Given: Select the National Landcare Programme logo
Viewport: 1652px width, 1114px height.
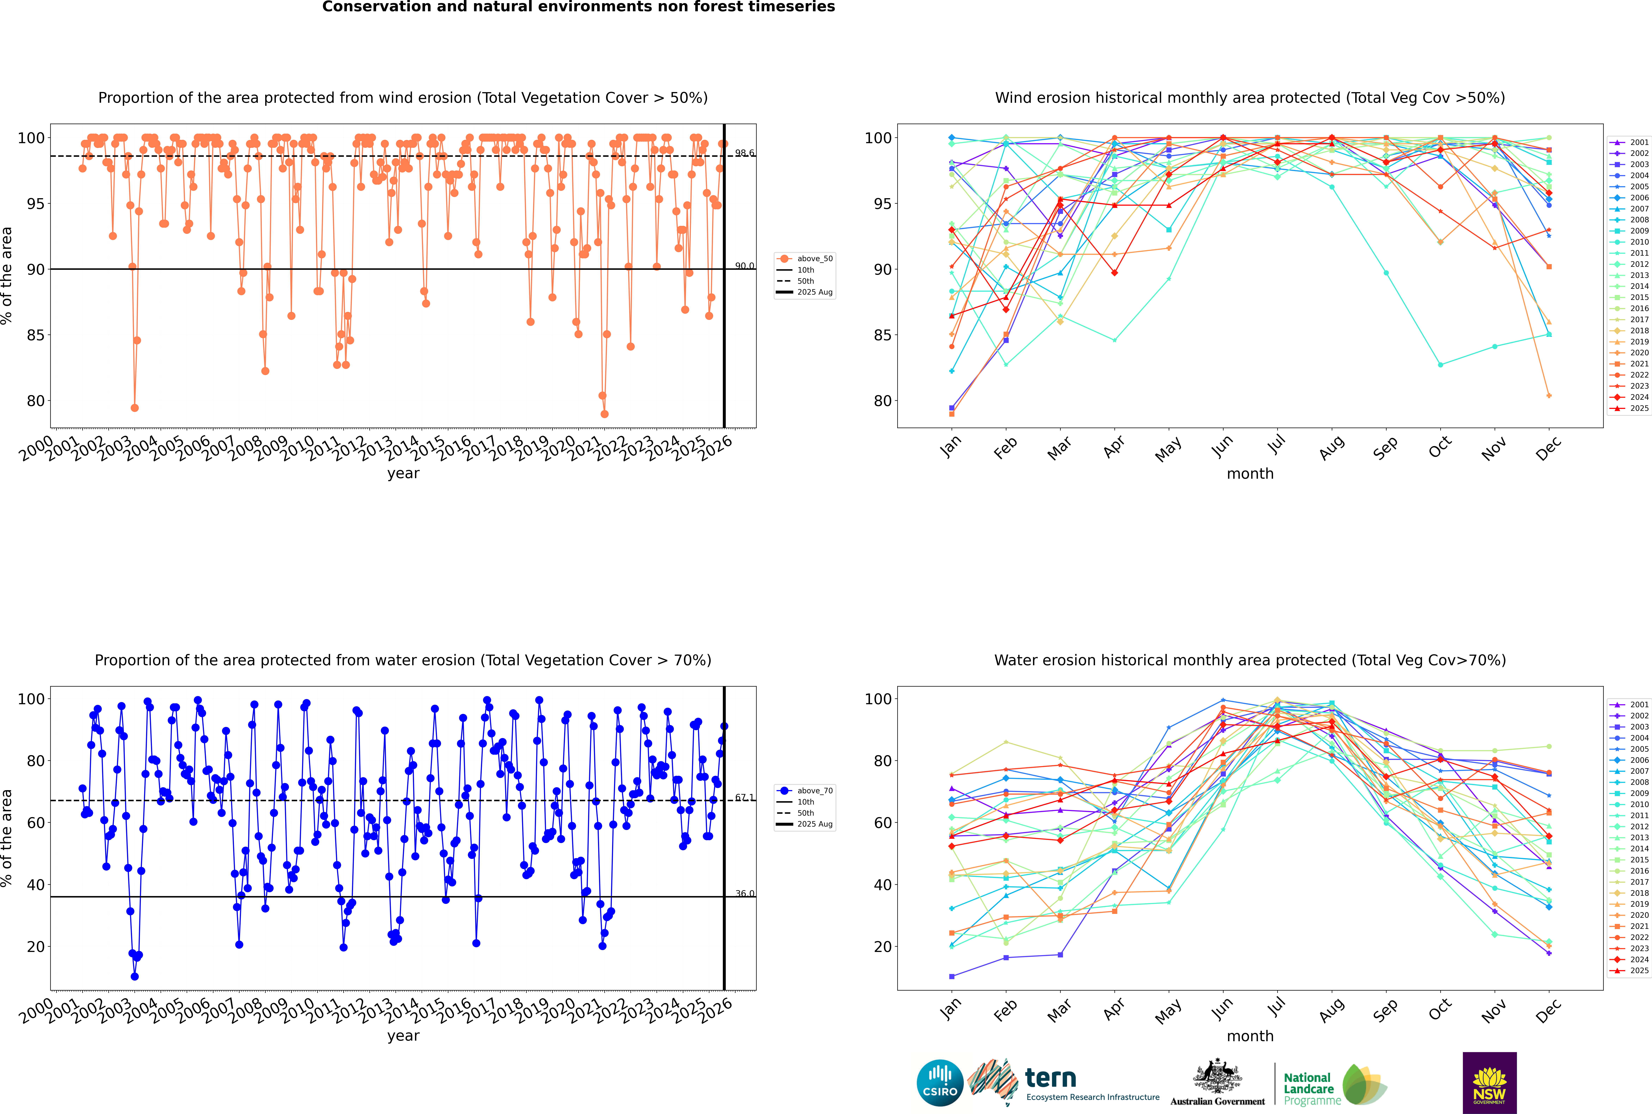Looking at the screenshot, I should pos(1334,1085).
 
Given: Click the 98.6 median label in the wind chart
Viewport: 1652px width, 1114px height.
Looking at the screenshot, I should pos(744,153).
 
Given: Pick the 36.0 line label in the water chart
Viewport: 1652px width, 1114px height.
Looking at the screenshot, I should pos(744,894).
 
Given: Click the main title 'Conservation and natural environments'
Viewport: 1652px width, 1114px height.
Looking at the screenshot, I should pos(578,7).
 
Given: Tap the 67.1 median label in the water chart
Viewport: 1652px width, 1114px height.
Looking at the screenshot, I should pos(744,798).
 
